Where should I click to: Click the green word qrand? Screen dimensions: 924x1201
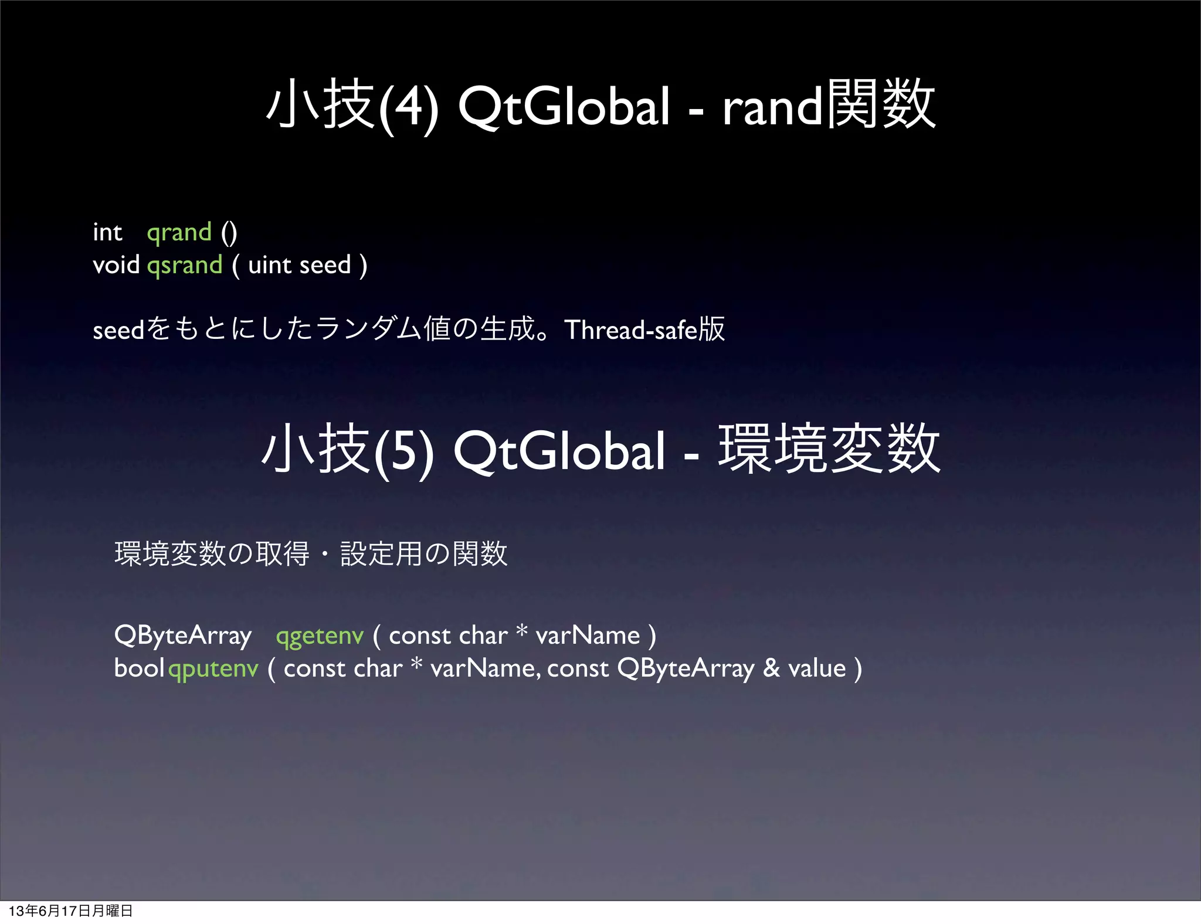pos(179,233)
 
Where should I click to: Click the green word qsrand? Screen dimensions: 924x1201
pos(184,266)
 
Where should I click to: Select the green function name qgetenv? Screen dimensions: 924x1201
pos(320,636)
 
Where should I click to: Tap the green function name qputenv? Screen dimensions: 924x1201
pos(213,669)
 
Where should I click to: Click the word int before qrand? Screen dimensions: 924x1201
pos(107,233)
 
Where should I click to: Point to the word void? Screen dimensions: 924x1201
pos(116,265)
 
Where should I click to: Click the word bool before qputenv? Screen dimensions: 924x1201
pos(139,668)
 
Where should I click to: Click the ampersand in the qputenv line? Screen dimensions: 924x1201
pos(771,668)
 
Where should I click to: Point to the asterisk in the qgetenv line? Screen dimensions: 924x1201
pos(521,631)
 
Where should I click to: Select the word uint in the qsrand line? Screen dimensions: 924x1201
pos(270,265)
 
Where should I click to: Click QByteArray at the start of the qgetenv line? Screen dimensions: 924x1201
pos(183,636)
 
